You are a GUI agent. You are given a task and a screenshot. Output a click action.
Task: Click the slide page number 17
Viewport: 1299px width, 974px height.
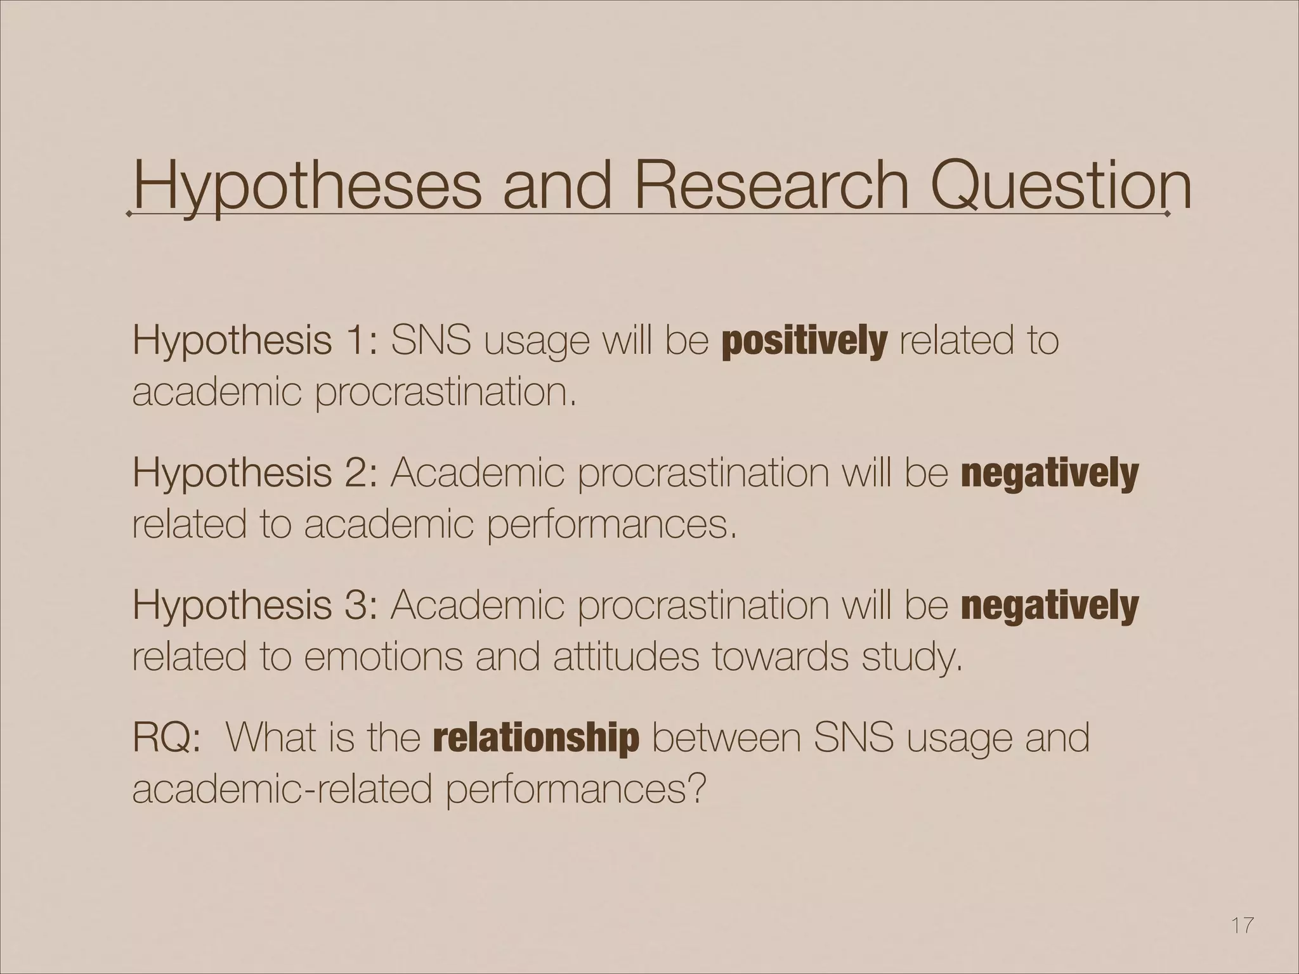1242,926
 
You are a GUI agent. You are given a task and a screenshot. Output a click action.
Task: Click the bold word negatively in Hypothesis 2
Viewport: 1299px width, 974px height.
1050,474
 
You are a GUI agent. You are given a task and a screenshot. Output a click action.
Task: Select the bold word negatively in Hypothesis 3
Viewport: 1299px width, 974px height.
1050,606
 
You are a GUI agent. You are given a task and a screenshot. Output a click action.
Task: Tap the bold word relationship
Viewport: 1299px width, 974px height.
536,738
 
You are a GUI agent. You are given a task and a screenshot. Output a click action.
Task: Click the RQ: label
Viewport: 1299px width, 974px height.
167,738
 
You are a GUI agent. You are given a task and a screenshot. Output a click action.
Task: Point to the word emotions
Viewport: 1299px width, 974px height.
383,657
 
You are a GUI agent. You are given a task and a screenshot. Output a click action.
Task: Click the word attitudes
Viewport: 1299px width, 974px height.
625,657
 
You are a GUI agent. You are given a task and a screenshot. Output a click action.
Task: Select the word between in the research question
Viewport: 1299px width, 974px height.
725,738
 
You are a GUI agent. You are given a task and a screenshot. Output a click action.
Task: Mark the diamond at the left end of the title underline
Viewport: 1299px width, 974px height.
129,214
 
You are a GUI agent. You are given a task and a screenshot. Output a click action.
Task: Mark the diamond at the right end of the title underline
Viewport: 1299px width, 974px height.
1168,214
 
